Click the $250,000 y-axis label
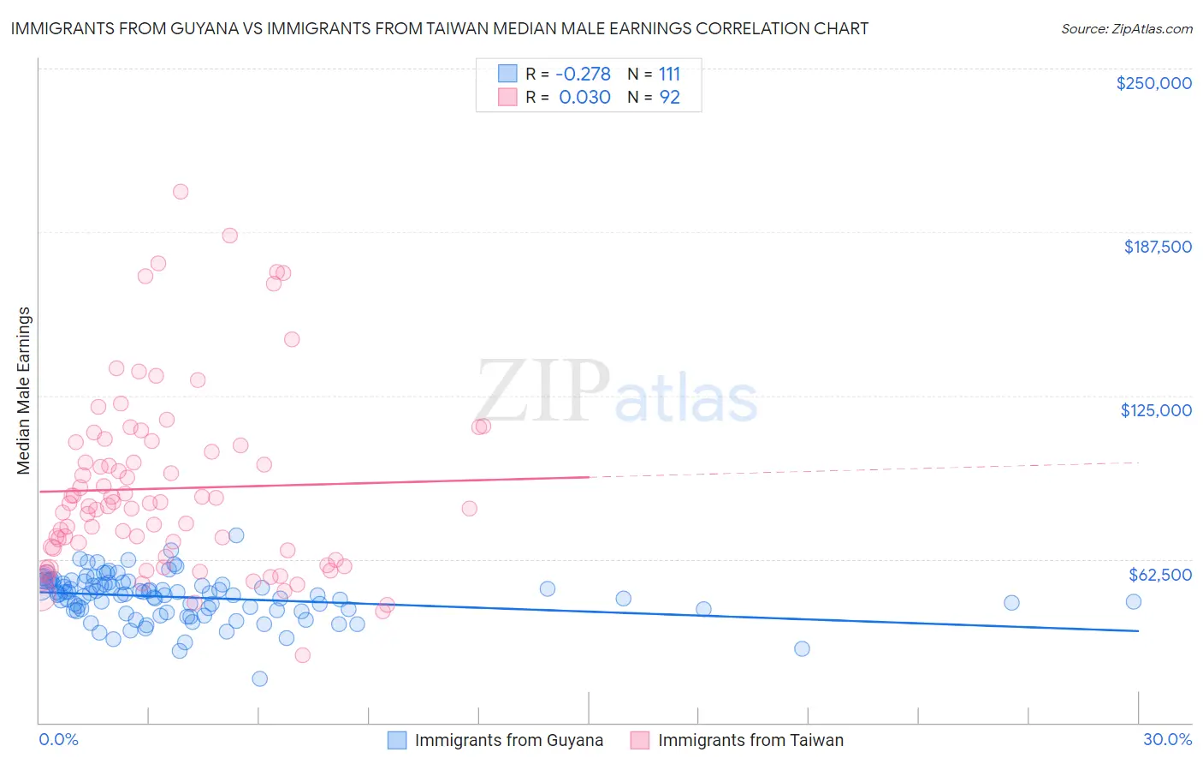(1153, 83)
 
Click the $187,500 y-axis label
(1157, 247)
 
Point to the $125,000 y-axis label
(1156, 410)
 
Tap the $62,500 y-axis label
(1159, 575)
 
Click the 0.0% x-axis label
(58, 739)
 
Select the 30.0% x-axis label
(1167, 739)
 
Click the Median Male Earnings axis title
(24, 391)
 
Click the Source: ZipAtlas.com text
(1126, 28)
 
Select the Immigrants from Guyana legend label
(508, 740)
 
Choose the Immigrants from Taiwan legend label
(750, 740)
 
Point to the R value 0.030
(584, 98)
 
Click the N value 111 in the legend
(669, 75)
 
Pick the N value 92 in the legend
(669, 98)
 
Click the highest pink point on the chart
(181, 192)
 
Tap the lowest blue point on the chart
(260, 679)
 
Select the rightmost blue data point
(1134, 601)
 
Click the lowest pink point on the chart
(302, 655)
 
